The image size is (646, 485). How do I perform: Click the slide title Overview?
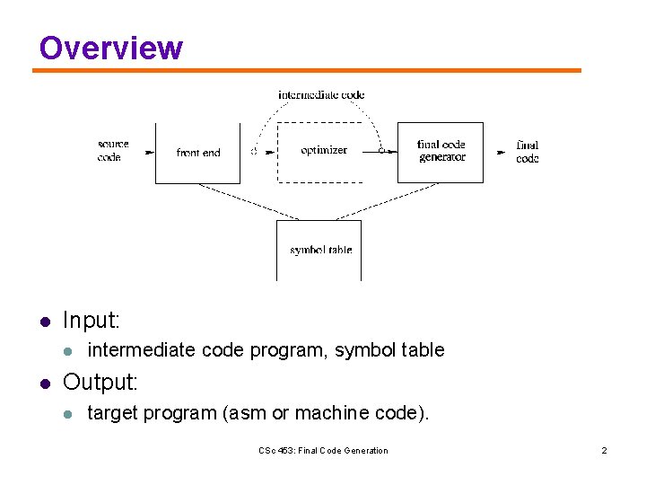coord(110,48)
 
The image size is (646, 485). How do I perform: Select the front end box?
coord(197,153)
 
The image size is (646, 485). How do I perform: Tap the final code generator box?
coord(441,152)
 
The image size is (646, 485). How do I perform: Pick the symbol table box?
coord(319,250)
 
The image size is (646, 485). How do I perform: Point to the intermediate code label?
coord(321,94)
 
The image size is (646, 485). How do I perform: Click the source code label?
coord(113,151)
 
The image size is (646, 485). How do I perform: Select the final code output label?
coord(528,152)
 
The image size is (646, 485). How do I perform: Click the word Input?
coord(92,321)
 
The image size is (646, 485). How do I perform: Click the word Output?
coord(100,383)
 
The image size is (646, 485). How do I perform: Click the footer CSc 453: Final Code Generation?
coord(323,451)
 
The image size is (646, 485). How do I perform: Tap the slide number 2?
coord(604,451)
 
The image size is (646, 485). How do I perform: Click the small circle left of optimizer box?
coord(254,151)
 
